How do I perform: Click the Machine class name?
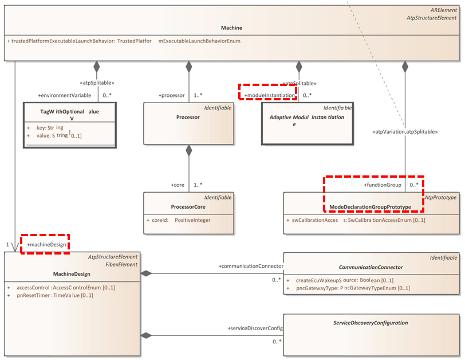pos(231,28)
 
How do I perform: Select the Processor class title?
pos(188,117)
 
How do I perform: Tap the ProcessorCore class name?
pos(188,207)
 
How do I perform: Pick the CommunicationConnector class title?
pos(371,267)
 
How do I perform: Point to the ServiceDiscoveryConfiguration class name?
pos(371,323)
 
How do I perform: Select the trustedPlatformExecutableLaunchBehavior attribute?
pos(123,41)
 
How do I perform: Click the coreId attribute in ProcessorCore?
pos(172,220)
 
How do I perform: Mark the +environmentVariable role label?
pos(64,95)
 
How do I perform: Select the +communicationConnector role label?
pos(251,266)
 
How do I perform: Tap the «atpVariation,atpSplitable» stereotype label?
pos(405,132)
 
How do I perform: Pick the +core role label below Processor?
pos(178,185)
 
